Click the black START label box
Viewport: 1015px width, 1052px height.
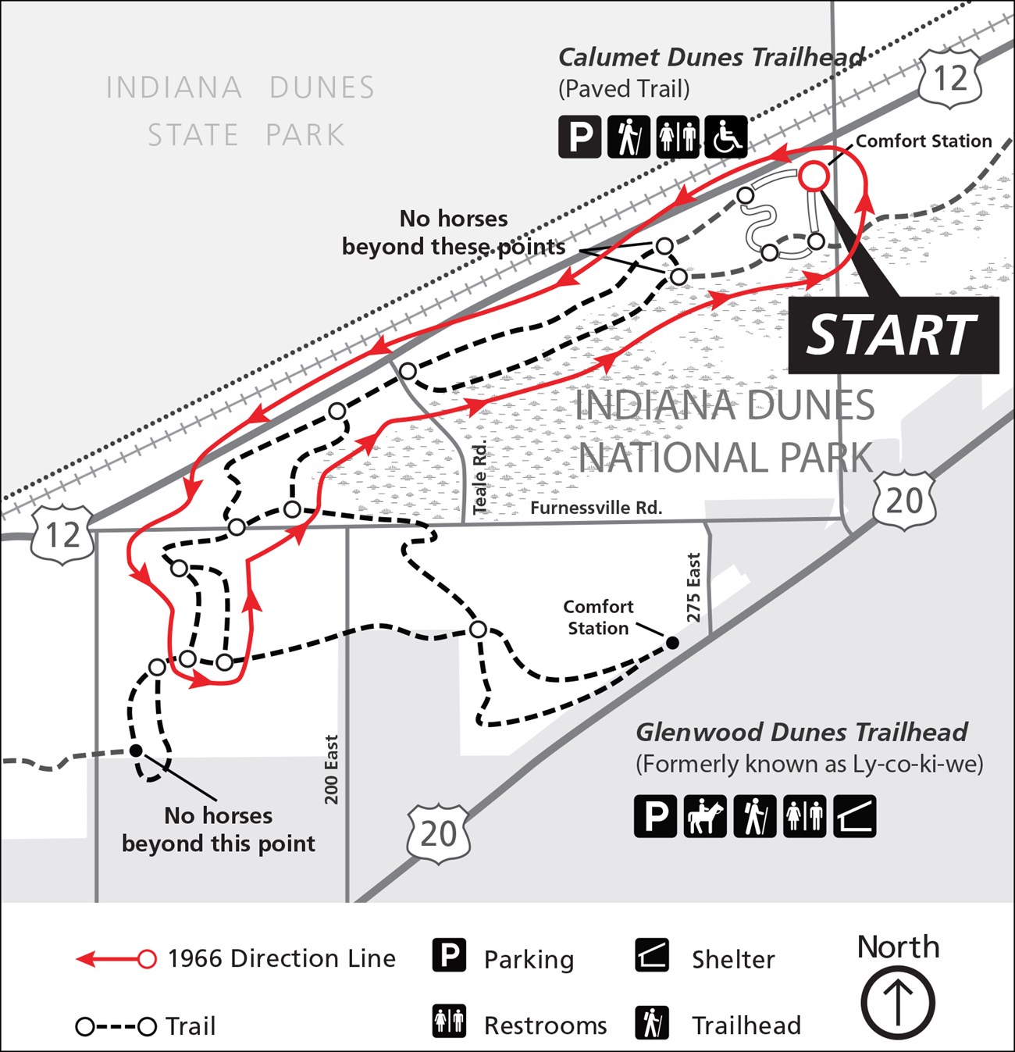(x=893, y=335)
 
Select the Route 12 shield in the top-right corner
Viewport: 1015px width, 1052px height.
(x=949, y=78)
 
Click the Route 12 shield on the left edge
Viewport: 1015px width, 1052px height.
(x=62, y=536)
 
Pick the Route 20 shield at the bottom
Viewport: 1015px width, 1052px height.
(x=438, y=834)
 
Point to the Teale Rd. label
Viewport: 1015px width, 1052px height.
(x=480, y=477)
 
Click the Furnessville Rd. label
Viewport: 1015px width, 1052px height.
(x=596, y=508)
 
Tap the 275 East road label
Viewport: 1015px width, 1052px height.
(x=693, y=587)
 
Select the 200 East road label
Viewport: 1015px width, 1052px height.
(x=332, y=769)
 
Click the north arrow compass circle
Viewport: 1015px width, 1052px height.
(x=898, y=1003)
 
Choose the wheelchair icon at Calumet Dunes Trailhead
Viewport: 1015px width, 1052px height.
(x=726, y=137)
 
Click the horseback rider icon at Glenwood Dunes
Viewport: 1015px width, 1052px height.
(x=705, y=817)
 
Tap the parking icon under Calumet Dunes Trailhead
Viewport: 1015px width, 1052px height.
(x=580, y=137)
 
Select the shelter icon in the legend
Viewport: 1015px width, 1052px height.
(x=651, y=957)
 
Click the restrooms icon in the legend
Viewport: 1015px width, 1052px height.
(x=450, y=1022)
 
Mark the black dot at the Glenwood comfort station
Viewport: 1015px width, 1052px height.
(x=671, y=644)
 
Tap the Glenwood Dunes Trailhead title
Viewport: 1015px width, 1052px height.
(x=801, y=733)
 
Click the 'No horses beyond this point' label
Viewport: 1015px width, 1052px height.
(x=219, y=829)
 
